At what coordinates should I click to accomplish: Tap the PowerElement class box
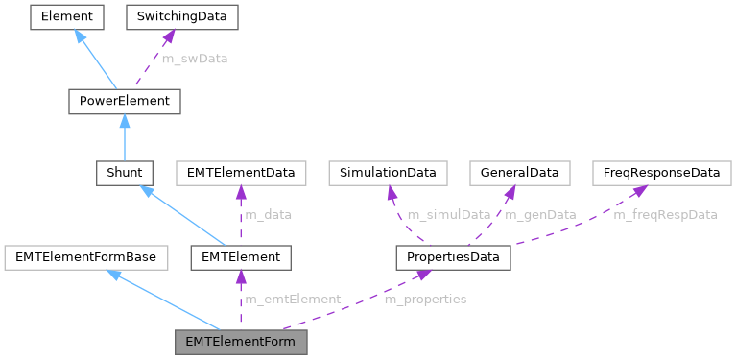coord(125,100)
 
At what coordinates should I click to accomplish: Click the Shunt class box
coord(125,173)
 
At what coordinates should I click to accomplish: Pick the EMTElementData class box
coord(240,173)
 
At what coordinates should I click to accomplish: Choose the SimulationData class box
coord(388,173)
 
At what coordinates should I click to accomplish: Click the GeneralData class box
coord(519,173)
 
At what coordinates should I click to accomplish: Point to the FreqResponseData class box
coord(655,173)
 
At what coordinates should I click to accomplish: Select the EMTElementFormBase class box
coord(86,256)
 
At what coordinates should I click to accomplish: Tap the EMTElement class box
coord(240,256)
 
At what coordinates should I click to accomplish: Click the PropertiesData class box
coord(454,256)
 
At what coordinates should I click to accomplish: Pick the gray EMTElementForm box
coord(241,341)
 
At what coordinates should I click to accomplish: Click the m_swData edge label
coord(194,59)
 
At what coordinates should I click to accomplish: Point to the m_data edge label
coord(269,215)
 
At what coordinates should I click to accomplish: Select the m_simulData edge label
coord(448,215)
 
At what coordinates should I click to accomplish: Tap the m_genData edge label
coord(540,215)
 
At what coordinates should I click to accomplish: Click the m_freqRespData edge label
coord(665,215)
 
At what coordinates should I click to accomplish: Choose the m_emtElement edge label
coord(293,300)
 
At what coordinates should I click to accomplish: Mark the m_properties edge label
coord(425,300)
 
